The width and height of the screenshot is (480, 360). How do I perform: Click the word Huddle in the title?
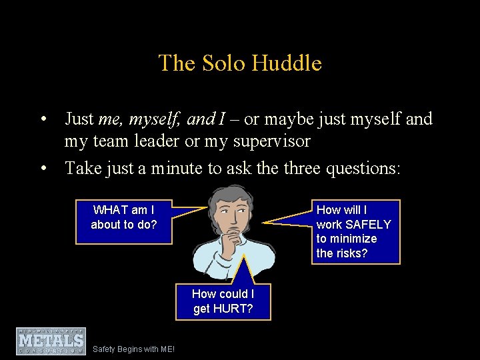(x=290, y=63)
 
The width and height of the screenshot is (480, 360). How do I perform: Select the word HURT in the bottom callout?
(x=232, y=309)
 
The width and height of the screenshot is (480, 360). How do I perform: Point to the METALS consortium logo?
(x=51, y=341)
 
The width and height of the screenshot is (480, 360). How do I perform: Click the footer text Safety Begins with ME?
(x=133, y=349)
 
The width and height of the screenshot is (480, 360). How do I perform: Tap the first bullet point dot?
(x=43, y=120)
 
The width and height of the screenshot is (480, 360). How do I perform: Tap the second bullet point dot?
(x=43, y=169)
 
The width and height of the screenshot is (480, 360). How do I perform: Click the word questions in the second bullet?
(x=363, y=168)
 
